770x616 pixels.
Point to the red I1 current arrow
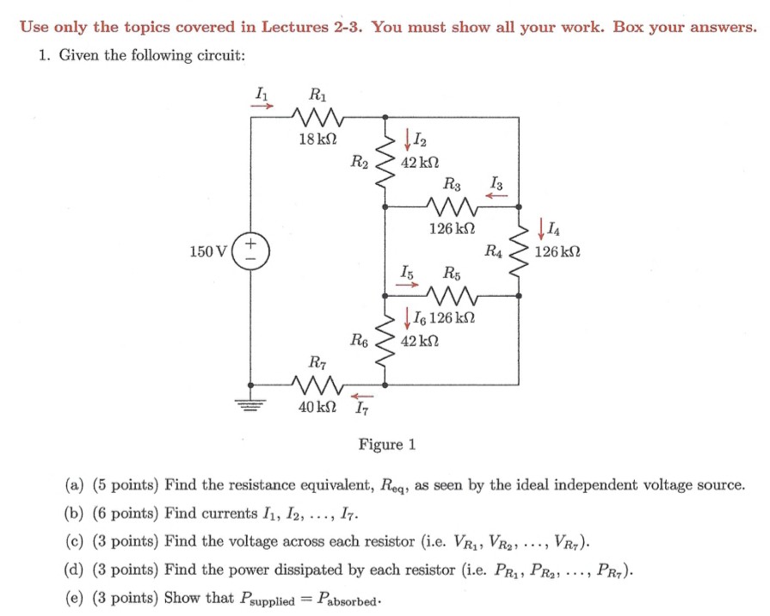pyautogui.click(x=263, y=108)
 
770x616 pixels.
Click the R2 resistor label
pyautogui.click(x=360, y=160)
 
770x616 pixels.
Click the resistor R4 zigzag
pyautogui.click(x=521, y=250)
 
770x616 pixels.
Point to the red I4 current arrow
pyautogui.click(x=539, y=231)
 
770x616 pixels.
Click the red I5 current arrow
pyautogui.click(x=405, y=286)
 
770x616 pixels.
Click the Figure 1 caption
pyautogui.click(x=387, y=444)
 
